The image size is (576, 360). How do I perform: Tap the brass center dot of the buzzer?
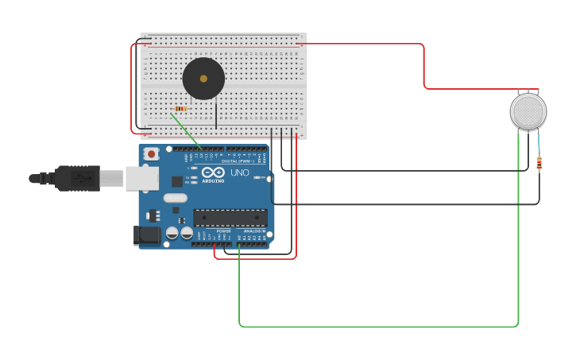coord(203,79)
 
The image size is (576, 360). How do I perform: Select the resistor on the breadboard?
coord(180,109)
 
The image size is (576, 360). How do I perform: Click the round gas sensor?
coord(528,111)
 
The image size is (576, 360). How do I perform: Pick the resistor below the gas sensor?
coord(539,163)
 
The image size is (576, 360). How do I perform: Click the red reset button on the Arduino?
coord(151,153)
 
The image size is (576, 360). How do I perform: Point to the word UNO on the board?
coord(239,172)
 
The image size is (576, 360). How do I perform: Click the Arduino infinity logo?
coord(213,172)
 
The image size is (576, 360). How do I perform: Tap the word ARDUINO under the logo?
coord(213,181)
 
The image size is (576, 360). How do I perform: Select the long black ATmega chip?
coord(230,218)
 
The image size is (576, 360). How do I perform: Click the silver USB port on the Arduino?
coord(141,179)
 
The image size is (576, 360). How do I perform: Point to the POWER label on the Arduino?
coord(223,230)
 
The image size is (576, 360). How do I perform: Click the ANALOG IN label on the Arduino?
coord(254,230)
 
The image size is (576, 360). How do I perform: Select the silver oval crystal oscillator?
coord(175,198)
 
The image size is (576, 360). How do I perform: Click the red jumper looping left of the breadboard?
coord(132,87)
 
